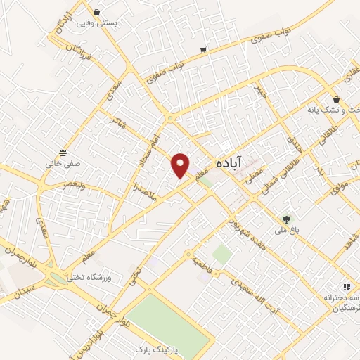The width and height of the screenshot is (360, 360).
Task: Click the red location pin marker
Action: coord(181,165)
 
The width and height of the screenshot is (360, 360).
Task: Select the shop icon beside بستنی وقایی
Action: coord(96,12)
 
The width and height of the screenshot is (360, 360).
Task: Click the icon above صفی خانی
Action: coord(63,152)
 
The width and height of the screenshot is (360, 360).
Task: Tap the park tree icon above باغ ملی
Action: coord(285,219)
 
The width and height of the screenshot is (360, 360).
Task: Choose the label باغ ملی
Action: coord(285,230)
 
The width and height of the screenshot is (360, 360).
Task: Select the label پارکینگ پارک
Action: coord(159,349)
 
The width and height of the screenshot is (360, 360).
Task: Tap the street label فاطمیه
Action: coord(200,265)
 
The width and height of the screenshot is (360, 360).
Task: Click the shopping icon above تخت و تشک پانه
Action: coord(337,99)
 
